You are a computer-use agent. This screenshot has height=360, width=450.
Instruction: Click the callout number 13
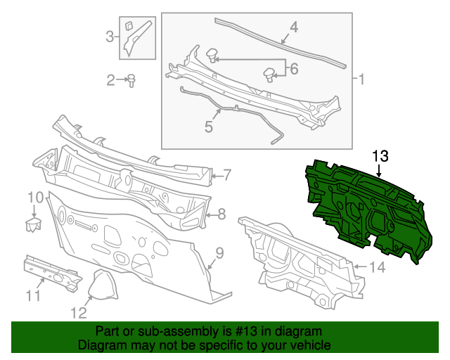tap(380, 155)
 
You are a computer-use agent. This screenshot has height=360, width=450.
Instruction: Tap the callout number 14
tap(378, 266)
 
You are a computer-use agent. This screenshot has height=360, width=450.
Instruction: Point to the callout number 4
tap(294, 27)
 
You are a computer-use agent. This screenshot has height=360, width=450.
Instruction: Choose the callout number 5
tap(209, 127)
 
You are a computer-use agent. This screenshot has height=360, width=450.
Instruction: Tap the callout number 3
tap(109, 36)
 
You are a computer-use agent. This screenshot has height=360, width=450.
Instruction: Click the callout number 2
tap(111, 80)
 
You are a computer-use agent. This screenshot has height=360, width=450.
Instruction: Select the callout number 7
tap(229, 174)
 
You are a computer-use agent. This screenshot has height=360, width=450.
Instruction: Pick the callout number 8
tap(221, 214)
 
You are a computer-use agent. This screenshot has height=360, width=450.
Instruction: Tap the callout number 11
tap(33, 295)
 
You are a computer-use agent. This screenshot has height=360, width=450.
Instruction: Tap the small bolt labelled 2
tap(131, 81)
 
